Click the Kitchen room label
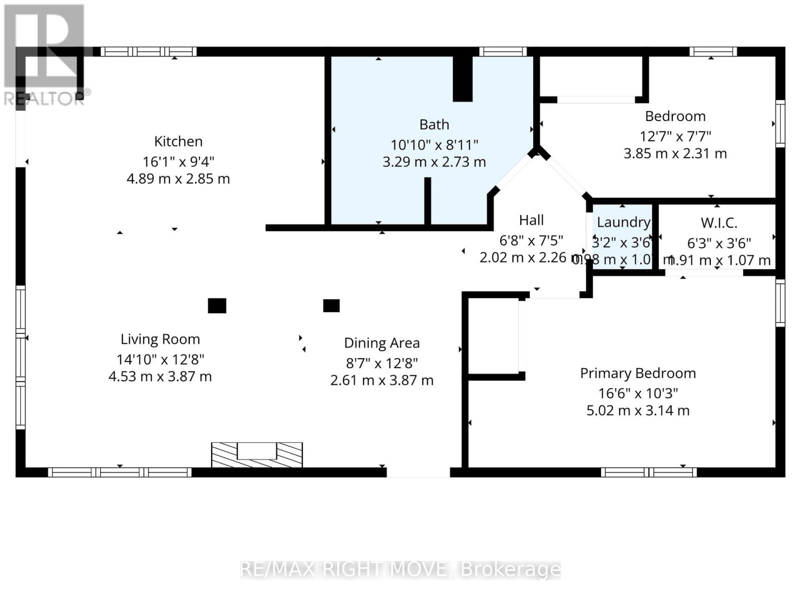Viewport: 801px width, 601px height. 178,142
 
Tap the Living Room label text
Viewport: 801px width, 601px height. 160,340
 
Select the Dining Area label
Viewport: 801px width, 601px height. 381,343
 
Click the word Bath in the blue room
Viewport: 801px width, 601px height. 434,125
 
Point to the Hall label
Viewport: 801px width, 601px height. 531,220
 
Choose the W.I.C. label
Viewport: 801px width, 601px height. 718,223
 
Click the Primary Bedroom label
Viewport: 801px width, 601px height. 638,374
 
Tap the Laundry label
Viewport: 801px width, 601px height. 623,222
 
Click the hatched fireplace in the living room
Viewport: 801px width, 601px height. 257,455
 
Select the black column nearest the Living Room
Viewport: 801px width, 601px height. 217,306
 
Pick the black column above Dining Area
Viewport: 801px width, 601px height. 331,306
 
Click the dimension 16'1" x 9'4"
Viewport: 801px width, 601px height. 178,162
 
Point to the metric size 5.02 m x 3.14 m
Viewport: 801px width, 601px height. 638,411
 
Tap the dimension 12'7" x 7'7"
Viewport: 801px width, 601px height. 675,136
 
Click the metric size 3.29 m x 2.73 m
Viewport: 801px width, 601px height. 434,162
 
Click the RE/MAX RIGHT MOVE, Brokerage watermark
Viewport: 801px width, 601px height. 400,569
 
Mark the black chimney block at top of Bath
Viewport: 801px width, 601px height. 463,79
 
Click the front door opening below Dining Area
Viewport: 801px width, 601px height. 418,472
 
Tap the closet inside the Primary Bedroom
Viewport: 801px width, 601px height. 493,336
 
